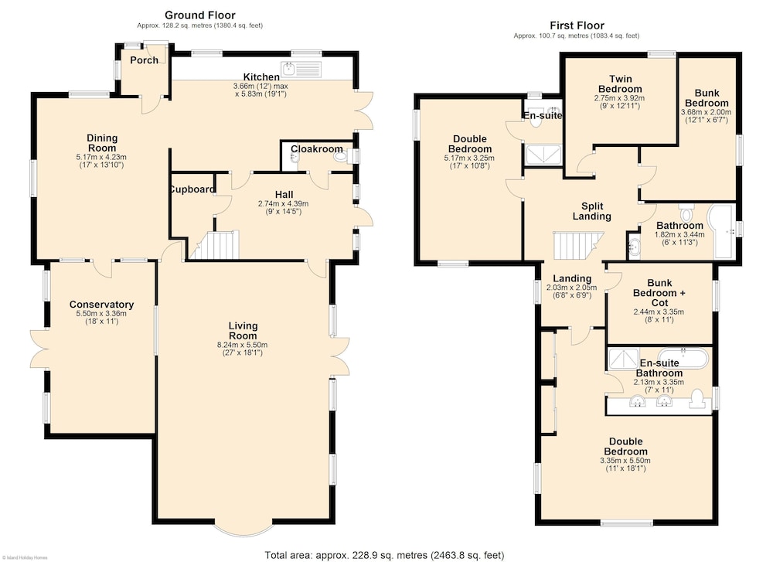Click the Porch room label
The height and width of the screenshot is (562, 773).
[x=145, y=60]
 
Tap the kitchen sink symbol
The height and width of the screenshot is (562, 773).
[x=301, y=70]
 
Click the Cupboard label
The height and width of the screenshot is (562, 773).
[x=192, y=189]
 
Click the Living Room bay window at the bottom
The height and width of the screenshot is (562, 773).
[x=244, y=529]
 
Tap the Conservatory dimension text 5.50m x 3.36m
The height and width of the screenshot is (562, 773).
[x=101, y=314]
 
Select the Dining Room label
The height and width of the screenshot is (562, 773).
[x=102, y=143]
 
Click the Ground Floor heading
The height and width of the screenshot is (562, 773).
[x=200, y=15]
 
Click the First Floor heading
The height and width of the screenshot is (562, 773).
[x=577, y=26]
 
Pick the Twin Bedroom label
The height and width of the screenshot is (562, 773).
[x=620, y=83]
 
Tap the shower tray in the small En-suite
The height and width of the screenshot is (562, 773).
[x=543, y=155]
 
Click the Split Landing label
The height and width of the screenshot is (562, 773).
[x=592, y=211]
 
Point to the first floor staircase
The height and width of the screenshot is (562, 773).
[x=578, y=245]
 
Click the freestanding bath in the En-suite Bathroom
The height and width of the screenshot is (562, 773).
[x=683, y=358]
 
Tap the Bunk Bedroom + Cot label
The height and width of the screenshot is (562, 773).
[x=659, y=293]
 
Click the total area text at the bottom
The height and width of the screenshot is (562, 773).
[x=384, y=555]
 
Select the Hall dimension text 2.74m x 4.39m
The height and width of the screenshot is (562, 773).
[x=284, y=203]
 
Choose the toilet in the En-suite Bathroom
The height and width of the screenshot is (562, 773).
[x=697, y=399]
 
